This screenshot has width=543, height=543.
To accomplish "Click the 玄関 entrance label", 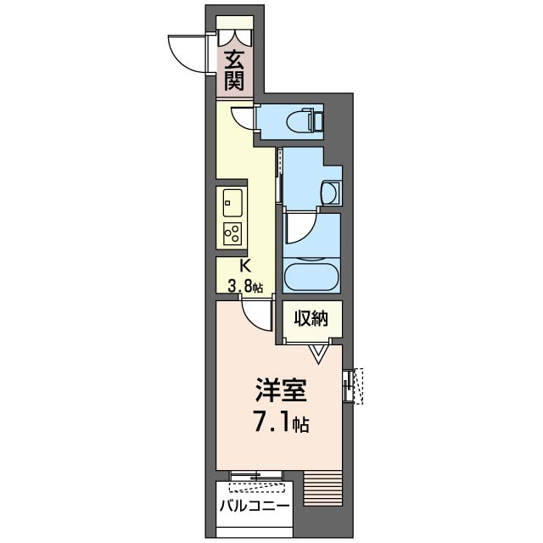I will [235, 70].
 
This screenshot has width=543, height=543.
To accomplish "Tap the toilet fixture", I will [306, 120].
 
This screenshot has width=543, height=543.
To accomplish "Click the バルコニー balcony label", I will [255, 506].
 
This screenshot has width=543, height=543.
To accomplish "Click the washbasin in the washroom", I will [332, 193].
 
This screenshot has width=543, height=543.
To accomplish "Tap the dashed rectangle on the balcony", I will [255, 487].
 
